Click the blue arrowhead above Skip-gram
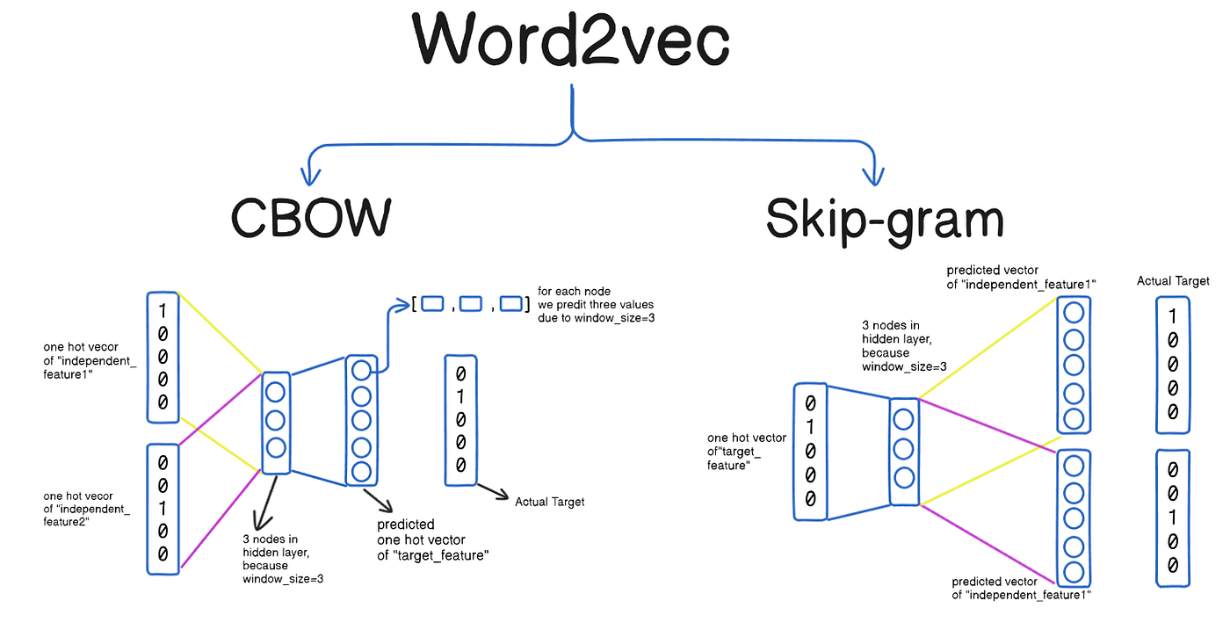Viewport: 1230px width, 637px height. click(x=872, y=176)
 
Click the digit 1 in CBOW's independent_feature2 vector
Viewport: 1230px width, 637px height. click(x=163, y=507)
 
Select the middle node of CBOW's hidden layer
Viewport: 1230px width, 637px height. click(x=275, y=418)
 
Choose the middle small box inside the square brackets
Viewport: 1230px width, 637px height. click(x=471, y=304)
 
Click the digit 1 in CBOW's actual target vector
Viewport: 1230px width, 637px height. click(x=460, y=396)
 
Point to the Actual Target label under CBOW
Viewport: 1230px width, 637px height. click(x=550, y=502)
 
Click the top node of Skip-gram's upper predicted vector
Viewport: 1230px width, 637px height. click(x=1072, y=312)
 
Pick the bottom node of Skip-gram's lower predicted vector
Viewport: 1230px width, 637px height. click(x=1072, y=573)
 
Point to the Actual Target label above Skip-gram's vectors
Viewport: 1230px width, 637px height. click(x=1173, y=281)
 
